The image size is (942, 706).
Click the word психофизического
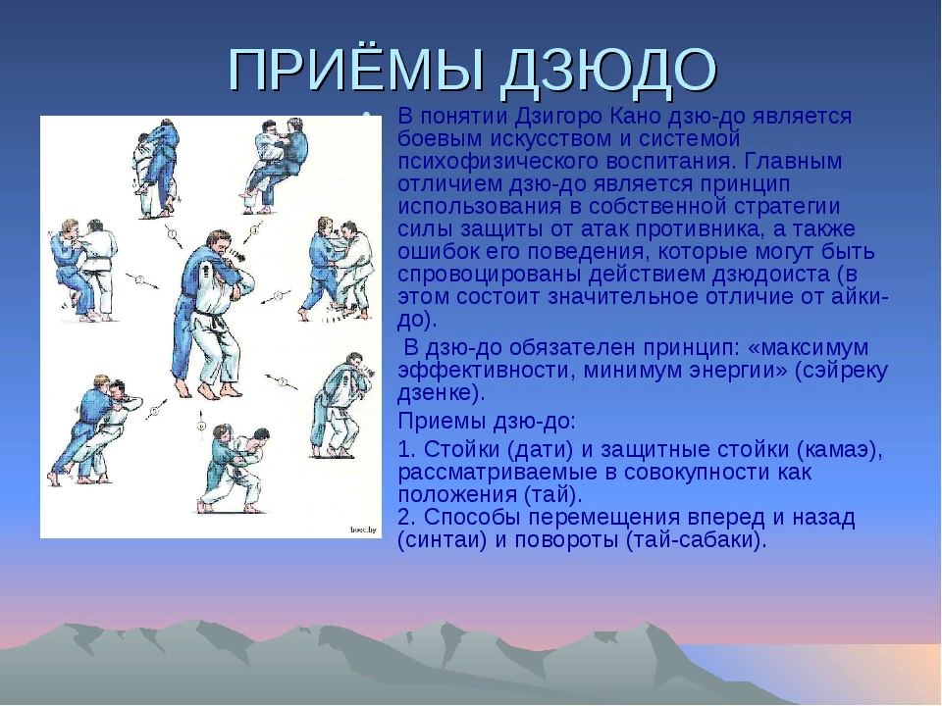tap(497, 162)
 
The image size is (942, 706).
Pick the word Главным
tap(792, 162)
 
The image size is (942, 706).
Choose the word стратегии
tap(787, 207)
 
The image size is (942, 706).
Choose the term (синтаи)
tap(442, 540)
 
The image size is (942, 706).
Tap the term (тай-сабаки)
tap(696, 540)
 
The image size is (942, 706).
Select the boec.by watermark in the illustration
tap(363, 529)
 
